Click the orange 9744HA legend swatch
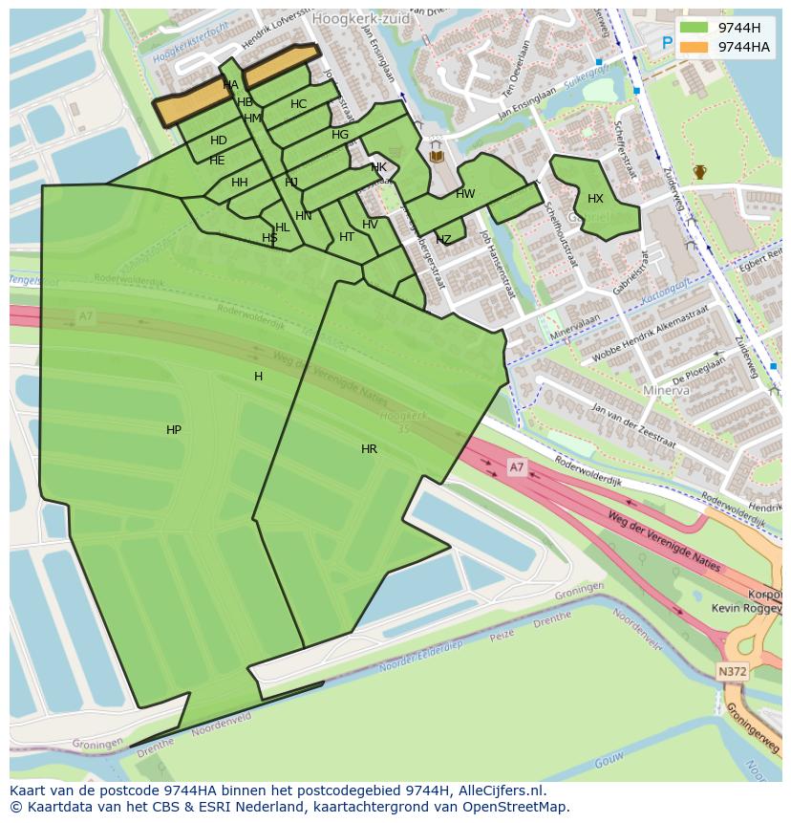tap(695, 47)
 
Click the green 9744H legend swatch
tap(695, 27)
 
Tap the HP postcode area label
tap(173, 430)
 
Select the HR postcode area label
tap(369, 448)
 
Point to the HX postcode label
tap(595, 199)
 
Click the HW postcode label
tap(465, 194)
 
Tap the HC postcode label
tap(299, 104)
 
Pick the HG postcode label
tap(340, 135)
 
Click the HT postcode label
tap(347, 237)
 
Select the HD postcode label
tap(219, 141)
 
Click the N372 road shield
tap(732, 672)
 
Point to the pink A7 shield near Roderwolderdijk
tap(516, 466)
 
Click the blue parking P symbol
tap(667, 43)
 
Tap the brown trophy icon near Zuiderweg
tap(700, 172)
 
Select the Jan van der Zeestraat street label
tap(633, 427)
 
